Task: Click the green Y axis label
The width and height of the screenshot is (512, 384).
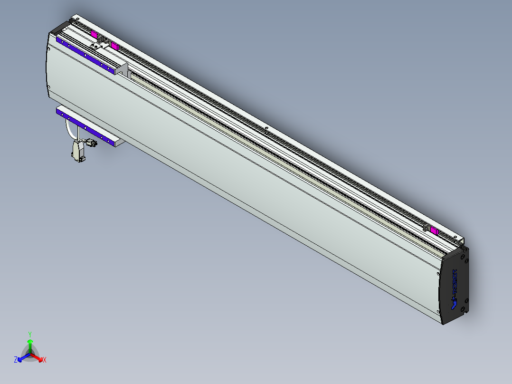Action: click(29, 334)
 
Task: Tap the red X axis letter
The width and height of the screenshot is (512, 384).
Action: click(44, 360)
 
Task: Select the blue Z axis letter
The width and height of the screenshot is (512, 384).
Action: click(15, 360)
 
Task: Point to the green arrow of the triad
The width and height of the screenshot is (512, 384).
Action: click(29, 344)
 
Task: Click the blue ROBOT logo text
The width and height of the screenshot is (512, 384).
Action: click(454, 287)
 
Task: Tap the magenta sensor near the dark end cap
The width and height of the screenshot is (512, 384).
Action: click(434, 230)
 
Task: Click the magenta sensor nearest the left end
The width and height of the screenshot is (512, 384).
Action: click(94, 34)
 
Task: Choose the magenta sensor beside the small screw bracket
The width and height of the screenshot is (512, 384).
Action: click(114, 46)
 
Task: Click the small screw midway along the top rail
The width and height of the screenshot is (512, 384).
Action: click(266, 128)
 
